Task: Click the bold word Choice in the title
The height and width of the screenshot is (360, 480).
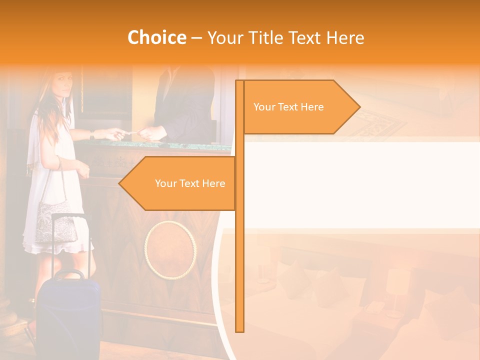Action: [x=156, y=37]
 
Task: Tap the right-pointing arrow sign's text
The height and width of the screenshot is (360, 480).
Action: [x=288, y=107]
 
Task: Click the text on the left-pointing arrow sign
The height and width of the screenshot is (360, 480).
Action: [x=190, y=183]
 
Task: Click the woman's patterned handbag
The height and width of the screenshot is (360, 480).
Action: [x=55, y=220]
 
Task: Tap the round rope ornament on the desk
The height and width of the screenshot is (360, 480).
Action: [x=170, y=249]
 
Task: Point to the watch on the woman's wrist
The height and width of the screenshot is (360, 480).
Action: [x=92, y=134]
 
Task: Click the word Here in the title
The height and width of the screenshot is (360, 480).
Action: [x=345, y=37]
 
